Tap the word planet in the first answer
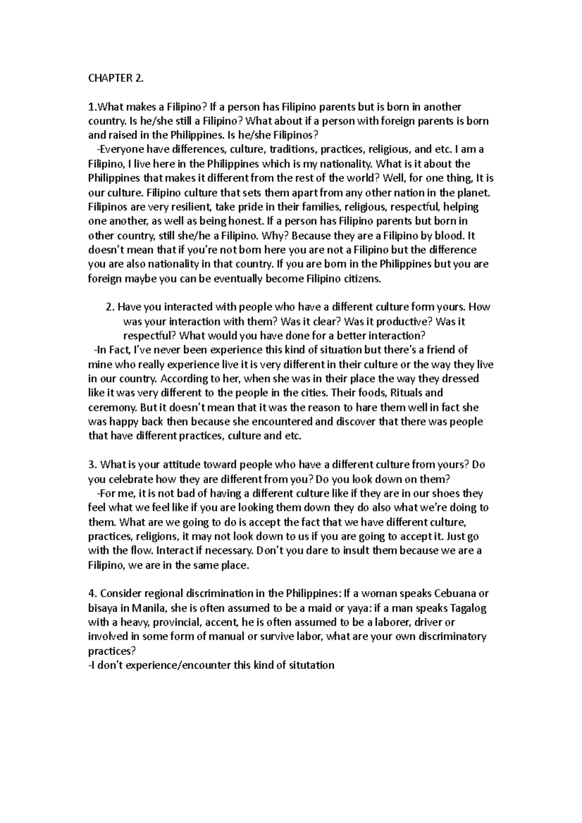tap(475, 193)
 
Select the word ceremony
tap(110, 407)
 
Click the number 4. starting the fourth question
tap(93, 593)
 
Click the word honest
tap(247, 222)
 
